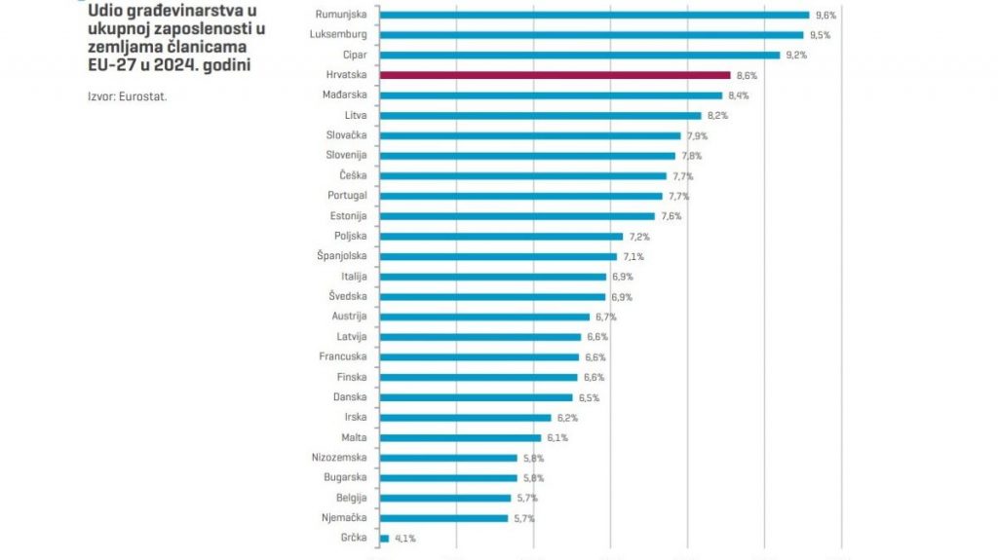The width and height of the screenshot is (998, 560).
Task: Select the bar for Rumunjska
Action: pos(594,15)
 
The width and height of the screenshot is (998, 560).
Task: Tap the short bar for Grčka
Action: pos(384,538)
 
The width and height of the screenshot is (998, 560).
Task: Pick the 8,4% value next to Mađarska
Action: pos(737,95)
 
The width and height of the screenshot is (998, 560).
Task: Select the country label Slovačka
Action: pos(346,135)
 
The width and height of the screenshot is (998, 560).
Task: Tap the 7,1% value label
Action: pos(633,256)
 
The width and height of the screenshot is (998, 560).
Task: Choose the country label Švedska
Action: pos(347,296)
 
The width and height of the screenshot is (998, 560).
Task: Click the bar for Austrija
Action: pos(483,317)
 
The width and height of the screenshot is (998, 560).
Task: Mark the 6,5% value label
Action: pos(589,397)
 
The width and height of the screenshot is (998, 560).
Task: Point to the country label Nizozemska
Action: pos(340,457)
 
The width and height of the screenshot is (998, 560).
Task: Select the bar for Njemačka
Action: pos(443,518)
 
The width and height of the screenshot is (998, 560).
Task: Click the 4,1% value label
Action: pos(404,538)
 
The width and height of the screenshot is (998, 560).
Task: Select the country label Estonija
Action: pos(347,216)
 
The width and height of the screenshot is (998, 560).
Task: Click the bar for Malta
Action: pos(459,437)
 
